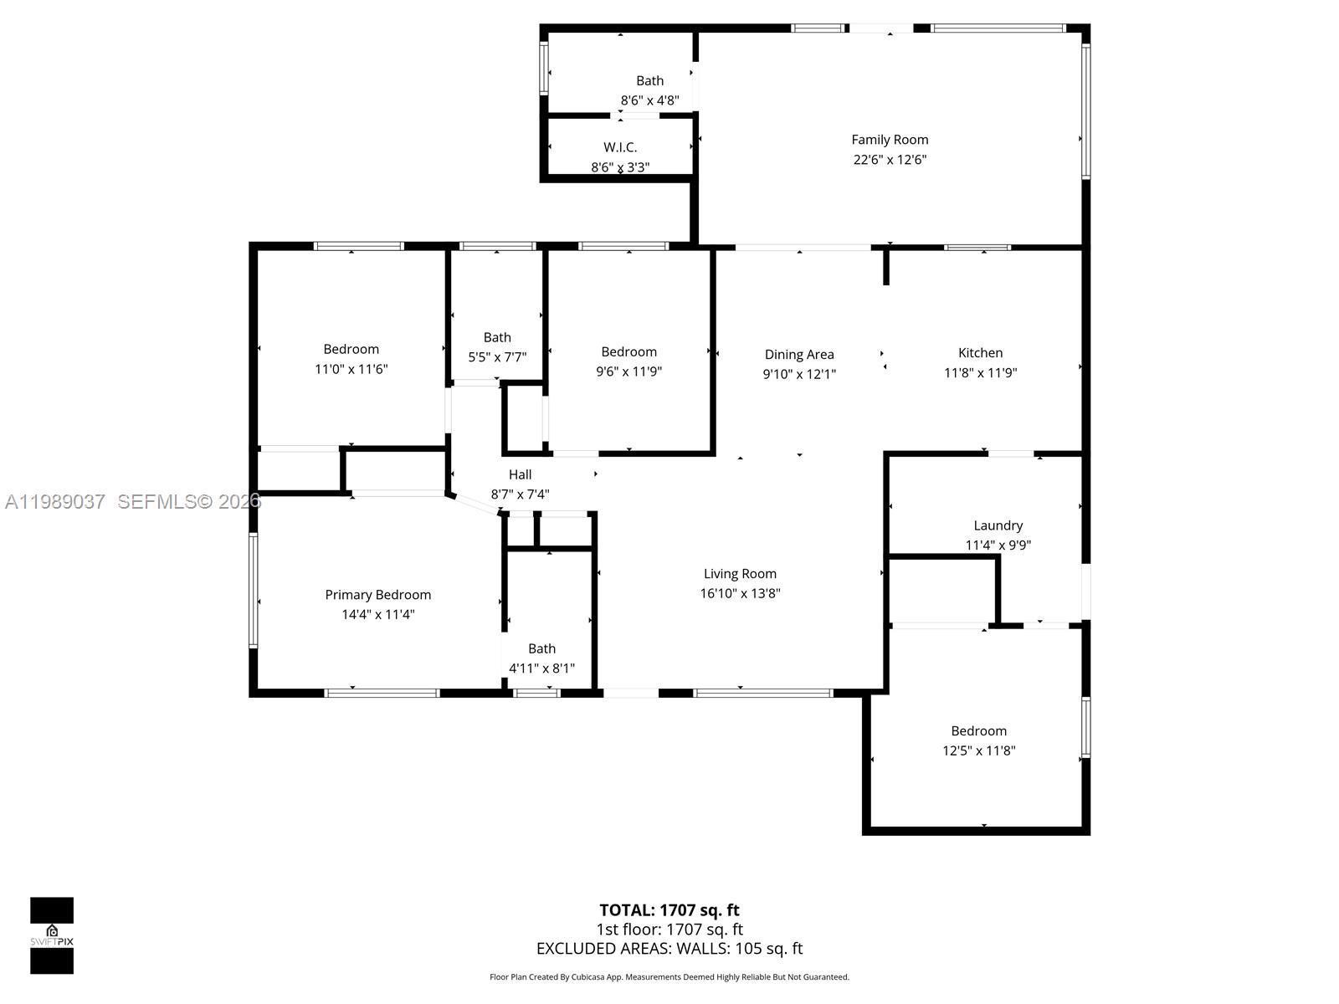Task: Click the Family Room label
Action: pyautogui.click(x=890, y=140)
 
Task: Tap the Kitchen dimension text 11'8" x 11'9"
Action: pyautogui.click(x=980, y=372)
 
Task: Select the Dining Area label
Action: pyautogui.click(x=799, y=355)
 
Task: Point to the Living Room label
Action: pyautogui.click(x=740, y=574)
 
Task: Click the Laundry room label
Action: pyautogui.click(x=998, y=525)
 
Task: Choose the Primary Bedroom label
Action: pyautogui.click(x=377, y=595)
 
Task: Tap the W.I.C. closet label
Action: pyautogui.click(x=620, y=147)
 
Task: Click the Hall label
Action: pyautogui.click(x=520, y=474)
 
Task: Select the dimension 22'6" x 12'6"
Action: pyautogui.click(x=890, y=160)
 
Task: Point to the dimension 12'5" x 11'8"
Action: pyautogui.click(x=978, y=750)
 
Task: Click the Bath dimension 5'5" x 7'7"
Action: pyautogui.click(x=497, y=357)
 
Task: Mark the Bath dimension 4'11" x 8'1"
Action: pyautogui.click(x=541, y=668)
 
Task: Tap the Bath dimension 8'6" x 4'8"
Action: pyautogui.click(x=649, y=100)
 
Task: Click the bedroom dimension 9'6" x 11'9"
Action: pyautogui.click(x=628, y=371)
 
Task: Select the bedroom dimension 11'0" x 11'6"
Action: pyautogui.click(x=351, y=369)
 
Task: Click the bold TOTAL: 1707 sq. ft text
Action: pyautogui.click(x=669, y=910)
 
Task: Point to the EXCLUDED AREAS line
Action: pyautogui.click(x=669, y=949)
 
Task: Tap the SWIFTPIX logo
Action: pyautogui.click(x=52, y=935)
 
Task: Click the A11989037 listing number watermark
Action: pyautogui.click(x=55, y=502)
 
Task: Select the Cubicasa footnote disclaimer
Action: pyautogui.click(x=669, y=977)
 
